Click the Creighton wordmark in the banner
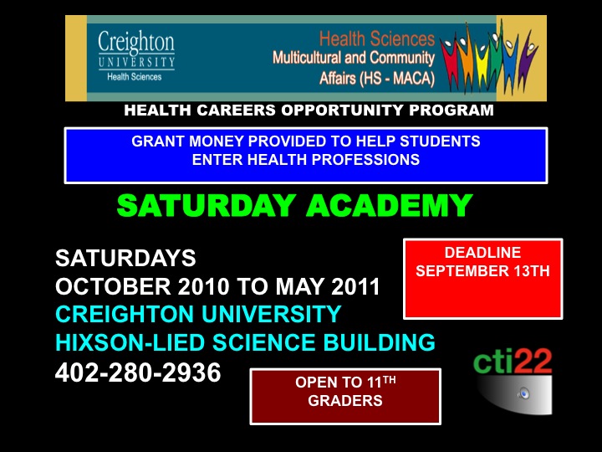tap(136, 43)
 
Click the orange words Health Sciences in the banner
tap(376, 39)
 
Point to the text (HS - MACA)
tap(397, 79)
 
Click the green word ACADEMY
tap(390, 205)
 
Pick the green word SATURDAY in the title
tap(207, 205)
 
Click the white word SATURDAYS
tap(125, 258)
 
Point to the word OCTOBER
tap(113, 286)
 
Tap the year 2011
tap(355, 286)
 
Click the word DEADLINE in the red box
tap(482, 253)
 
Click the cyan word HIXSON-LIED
tap(130, 342)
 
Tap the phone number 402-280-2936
tap(138, 372)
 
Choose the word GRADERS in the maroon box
tap(345, 400)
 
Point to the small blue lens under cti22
tap(523, 393)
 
